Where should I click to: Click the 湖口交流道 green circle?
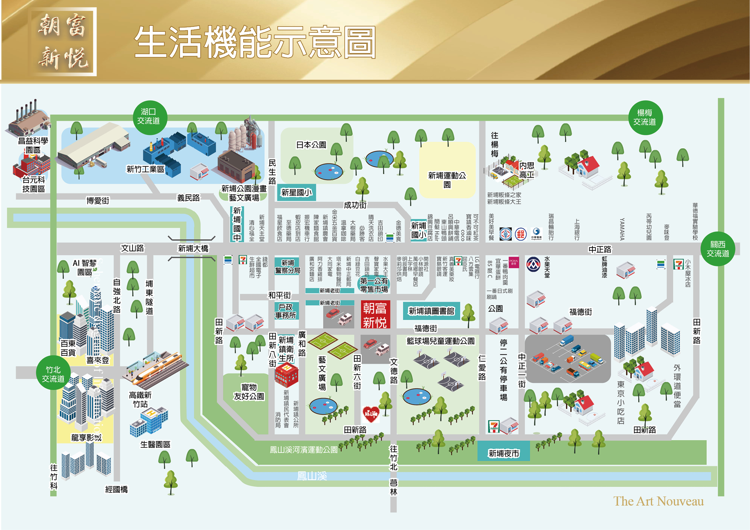(x=150, y=117)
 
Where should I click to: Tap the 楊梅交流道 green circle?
(x=645, y=118)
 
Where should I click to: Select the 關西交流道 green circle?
(x=718, y=249)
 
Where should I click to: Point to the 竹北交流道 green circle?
(x=53, y=374)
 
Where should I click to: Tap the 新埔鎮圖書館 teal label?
(x=431, y=311)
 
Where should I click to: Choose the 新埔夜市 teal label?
(x=503, y=453)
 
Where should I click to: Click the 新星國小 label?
(x=296, y=192)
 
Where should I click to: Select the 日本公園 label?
(x=311, y=145)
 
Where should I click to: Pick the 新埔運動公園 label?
(x=447, y=179)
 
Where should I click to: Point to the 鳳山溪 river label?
(x=312, y=476)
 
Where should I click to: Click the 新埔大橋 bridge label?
(x=193, y=248)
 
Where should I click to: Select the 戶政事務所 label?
(x=286, y=311)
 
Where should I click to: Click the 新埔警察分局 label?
(x=287, y=266)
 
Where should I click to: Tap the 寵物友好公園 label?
(x=249, y=392)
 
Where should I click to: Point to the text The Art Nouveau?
(x=658, y=501)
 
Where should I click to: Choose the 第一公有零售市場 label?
(x=374, y=285)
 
